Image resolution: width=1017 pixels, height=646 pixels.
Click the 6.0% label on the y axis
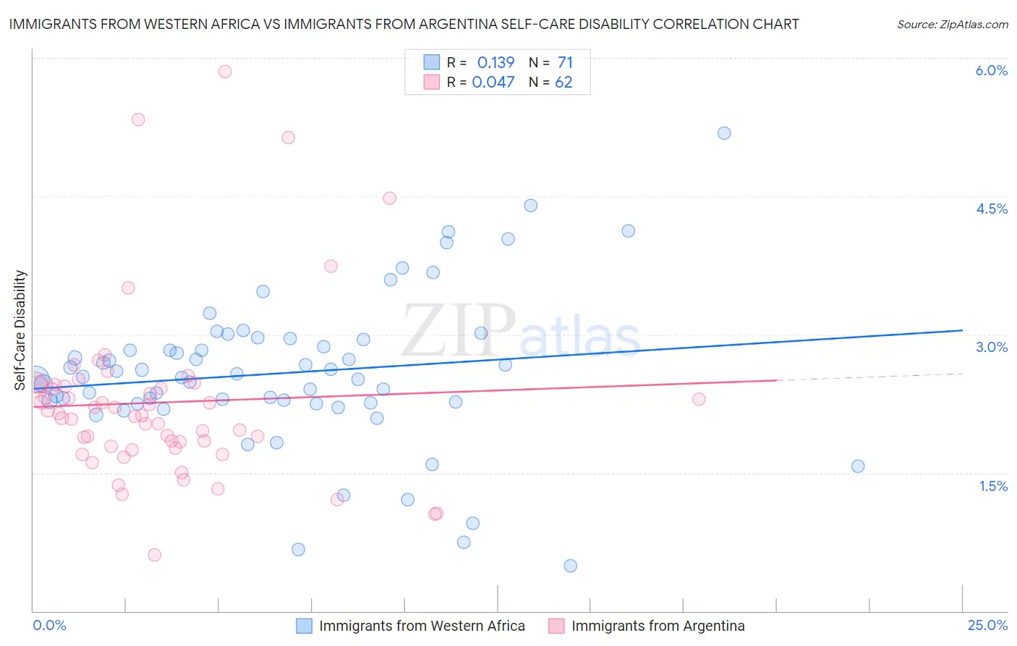(991, 70)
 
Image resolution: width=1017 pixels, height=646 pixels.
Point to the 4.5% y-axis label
(991, 209)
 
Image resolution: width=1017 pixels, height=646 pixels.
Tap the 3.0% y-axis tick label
(991, 347)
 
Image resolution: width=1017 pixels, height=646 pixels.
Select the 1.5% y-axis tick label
(993, 486)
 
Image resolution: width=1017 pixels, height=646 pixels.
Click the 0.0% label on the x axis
(50, 625)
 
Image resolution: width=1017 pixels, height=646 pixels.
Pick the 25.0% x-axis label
(987, 625)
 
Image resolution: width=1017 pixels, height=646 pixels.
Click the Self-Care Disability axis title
(20, 330)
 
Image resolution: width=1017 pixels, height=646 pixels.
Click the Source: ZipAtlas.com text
(952, 24)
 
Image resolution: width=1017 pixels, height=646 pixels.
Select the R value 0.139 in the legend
(495, 62)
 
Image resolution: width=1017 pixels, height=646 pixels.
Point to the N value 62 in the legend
(563, 83)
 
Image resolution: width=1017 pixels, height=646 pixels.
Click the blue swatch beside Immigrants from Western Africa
(304, 626)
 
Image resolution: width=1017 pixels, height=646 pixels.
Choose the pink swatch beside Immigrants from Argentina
(556, 626)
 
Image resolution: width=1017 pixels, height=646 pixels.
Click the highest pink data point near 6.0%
(225, 71)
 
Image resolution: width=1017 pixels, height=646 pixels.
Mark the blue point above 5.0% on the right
(724, 133)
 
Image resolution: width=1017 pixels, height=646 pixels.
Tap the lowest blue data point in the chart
(571, 566)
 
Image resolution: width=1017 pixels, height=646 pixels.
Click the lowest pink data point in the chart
(154, 555)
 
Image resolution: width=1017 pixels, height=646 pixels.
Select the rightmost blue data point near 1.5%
(858, 466)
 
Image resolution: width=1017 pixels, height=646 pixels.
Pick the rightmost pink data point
(699, 399)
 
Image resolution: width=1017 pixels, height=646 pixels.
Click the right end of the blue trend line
(963, 330)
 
